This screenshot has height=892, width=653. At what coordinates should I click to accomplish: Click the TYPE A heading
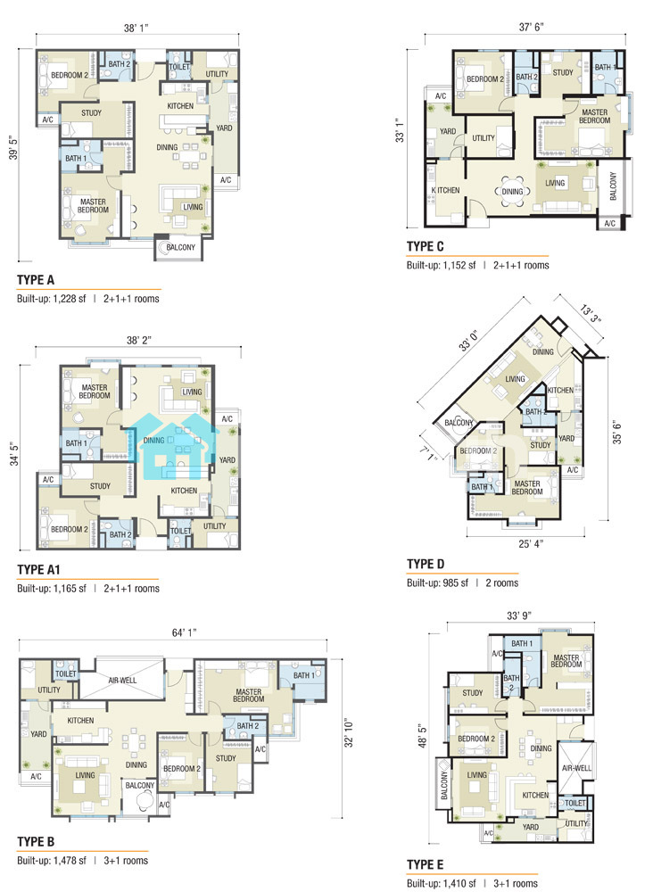click(36, 280)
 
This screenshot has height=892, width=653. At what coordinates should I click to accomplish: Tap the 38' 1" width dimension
click(137, 28)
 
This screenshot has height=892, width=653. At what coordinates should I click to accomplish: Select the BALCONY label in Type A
click(180, 247)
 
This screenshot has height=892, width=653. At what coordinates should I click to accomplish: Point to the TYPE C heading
click(425, 246)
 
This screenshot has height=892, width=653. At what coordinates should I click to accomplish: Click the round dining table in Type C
click(512, 192)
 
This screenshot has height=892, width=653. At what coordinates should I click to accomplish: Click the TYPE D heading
click(426, 564)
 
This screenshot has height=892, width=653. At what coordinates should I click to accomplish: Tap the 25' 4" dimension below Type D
click(531, 544)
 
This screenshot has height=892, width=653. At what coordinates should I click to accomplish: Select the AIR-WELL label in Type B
click(122, 680)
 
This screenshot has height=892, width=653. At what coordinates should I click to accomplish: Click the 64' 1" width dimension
click(185, 633)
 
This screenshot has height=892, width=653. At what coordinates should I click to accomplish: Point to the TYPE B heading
click(36, 842)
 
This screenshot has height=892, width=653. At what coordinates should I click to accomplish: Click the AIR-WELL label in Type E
click(576, 768)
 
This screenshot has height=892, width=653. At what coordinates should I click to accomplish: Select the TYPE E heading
click(425, 865)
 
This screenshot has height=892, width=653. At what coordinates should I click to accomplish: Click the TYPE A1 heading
click(38, 569)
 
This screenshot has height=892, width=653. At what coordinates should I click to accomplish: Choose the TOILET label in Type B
click(65, 673)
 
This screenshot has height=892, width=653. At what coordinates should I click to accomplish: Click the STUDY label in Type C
click(563, 72)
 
